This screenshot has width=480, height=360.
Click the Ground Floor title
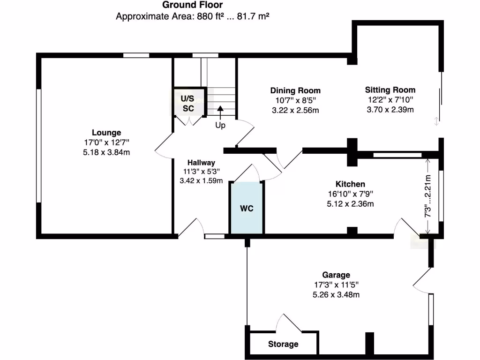(192, 5)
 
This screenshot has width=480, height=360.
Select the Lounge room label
(106, 133)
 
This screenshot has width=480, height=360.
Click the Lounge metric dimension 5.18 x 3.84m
(106, 152)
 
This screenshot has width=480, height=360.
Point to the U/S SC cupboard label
(188, 103)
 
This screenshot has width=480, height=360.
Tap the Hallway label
(201, 162)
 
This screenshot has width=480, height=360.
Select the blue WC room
(247, 208)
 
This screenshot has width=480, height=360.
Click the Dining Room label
(295, 90)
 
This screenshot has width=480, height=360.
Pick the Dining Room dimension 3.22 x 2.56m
(295, 110)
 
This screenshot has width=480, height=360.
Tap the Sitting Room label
(390, 90)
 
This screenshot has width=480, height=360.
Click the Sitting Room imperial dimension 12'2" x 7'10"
(390, 100)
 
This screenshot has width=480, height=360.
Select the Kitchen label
(350, 184)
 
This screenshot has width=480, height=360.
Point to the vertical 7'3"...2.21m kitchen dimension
(427, 196)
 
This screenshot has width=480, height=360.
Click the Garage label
(336, 275)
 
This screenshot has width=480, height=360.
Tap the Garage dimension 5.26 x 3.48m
(336, 294)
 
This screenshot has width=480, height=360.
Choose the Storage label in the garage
(283, 344)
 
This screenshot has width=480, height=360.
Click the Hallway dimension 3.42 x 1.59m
(201, 180)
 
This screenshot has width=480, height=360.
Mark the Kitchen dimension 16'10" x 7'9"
(350, 194)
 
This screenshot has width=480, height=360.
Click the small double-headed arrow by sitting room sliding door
(436, 121)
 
